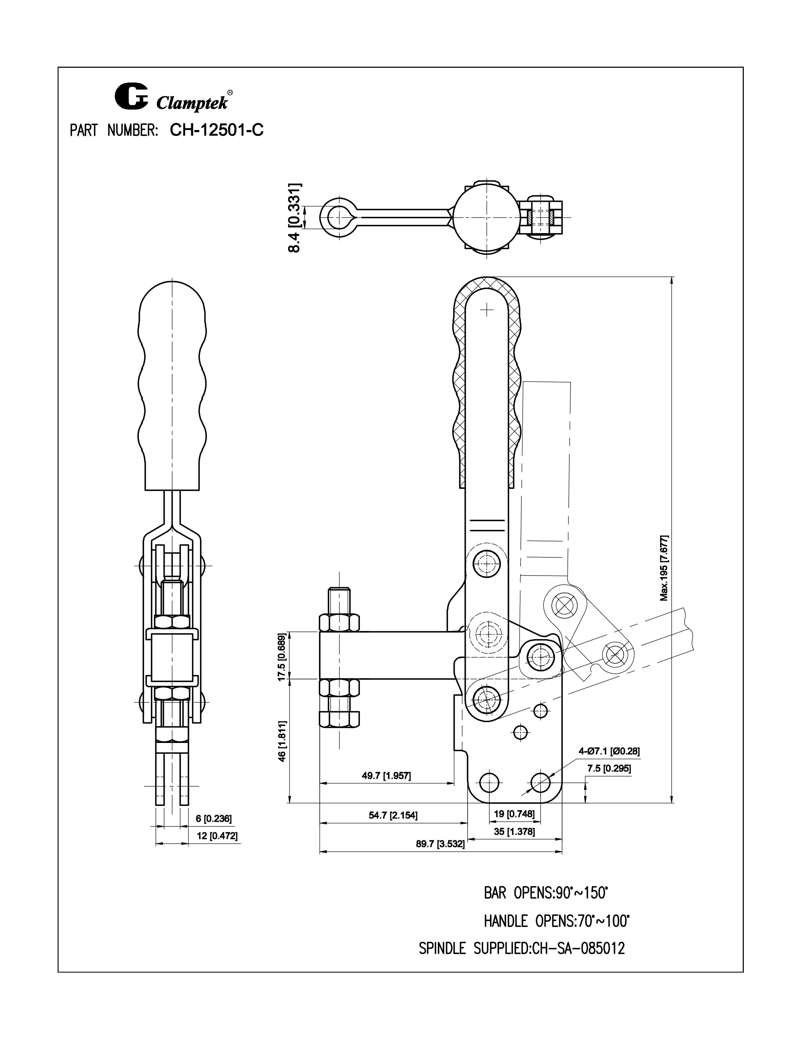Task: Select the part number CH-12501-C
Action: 216,130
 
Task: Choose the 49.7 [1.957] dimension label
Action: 386,776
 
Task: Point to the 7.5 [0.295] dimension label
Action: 609,768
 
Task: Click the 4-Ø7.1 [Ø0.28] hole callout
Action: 609,751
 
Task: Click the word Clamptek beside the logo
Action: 193,103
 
